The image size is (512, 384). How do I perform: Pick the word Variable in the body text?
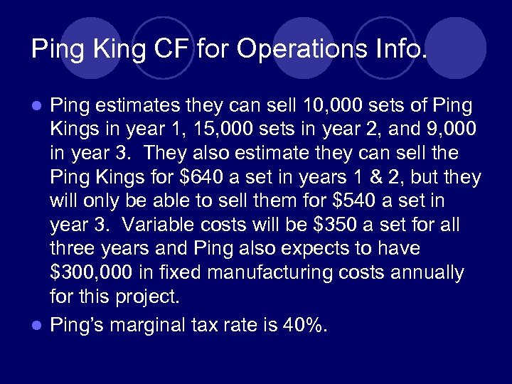[x=155, y=225]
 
